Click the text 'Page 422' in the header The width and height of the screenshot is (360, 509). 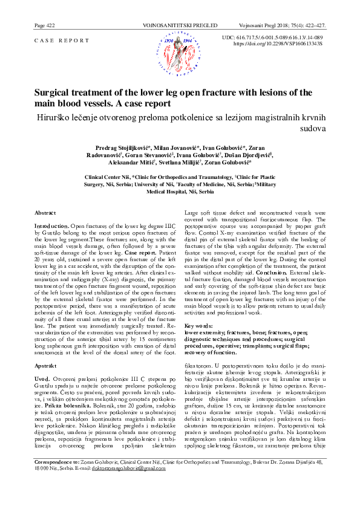46,26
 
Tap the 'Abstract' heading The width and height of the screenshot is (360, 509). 45,213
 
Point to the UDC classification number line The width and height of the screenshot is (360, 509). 281,37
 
